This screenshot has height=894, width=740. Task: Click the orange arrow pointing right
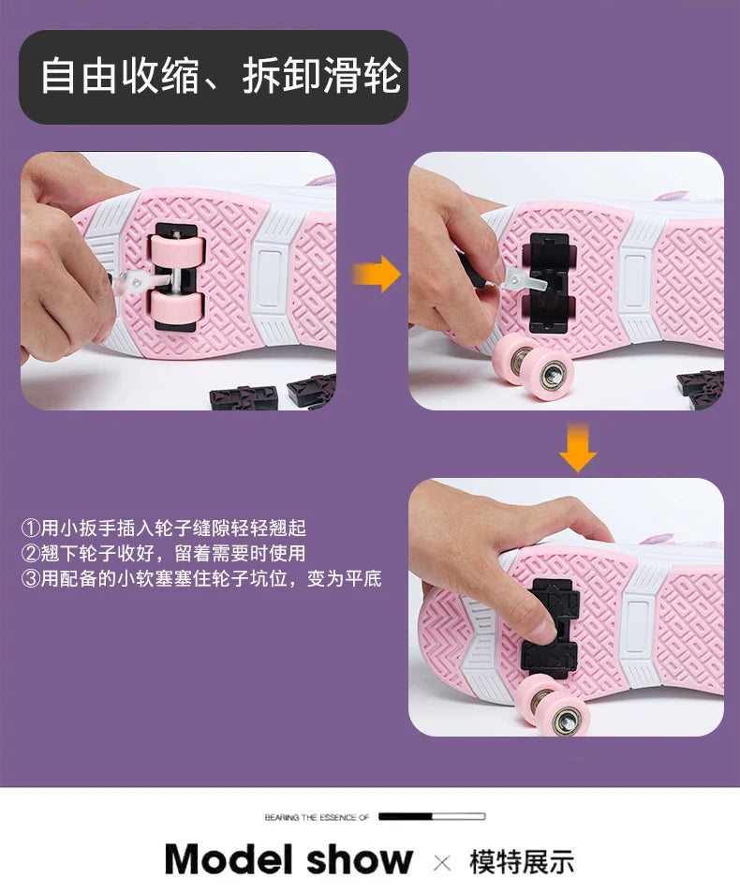(377, 275)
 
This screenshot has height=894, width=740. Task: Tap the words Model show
(289, 859)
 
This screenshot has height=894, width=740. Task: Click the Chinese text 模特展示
(521, 861)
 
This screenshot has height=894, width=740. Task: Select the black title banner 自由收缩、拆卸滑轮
(214, 77)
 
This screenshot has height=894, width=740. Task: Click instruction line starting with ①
(164, 528)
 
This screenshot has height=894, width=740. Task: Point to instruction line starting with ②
(164, 553)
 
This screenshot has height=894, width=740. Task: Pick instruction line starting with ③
(201, 579)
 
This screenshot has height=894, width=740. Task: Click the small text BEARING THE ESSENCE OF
(317, 817)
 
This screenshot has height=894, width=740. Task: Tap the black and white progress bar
(432, 816)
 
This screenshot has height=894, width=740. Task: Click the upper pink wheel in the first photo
(176, 251)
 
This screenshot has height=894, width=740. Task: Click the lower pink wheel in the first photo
(176, 308)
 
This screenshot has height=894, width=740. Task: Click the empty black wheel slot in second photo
(549, 282)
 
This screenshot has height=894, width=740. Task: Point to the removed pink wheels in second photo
(532, 365)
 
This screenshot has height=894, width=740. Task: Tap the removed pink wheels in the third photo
(552, 705)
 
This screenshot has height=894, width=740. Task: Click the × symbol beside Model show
(442, 863)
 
